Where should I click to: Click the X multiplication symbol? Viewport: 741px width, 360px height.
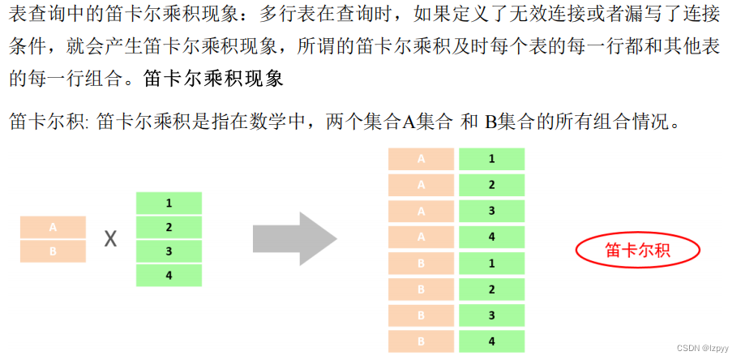(x=111, y=240)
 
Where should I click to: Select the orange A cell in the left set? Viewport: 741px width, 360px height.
(x=53, y=228)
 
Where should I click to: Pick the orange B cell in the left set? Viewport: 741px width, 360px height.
(x=53, y=251)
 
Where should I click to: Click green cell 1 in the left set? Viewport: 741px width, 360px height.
(x=168, y=204)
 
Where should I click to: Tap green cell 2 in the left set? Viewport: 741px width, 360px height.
(x=168, y=227)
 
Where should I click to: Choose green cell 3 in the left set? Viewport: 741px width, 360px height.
(x=168, y=251)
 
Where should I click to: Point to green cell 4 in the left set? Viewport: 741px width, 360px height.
(x=168, y=276)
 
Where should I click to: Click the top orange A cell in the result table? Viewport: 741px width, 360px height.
(x=421, y=160)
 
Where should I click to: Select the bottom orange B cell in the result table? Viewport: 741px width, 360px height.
(x=421, y=341)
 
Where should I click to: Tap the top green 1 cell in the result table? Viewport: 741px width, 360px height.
(x=492, y=160)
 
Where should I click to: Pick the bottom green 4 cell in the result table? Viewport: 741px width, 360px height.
(x=492, y=341)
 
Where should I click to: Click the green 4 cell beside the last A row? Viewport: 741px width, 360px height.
(x=492, y=238)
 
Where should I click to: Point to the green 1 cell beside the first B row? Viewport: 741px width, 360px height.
(x=492, y=264)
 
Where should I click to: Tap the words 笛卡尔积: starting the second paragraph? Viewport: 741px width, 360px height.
(x=49, y=123)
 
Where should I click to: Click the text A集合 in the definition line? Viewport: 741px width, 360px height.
(x=426, y=123)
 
